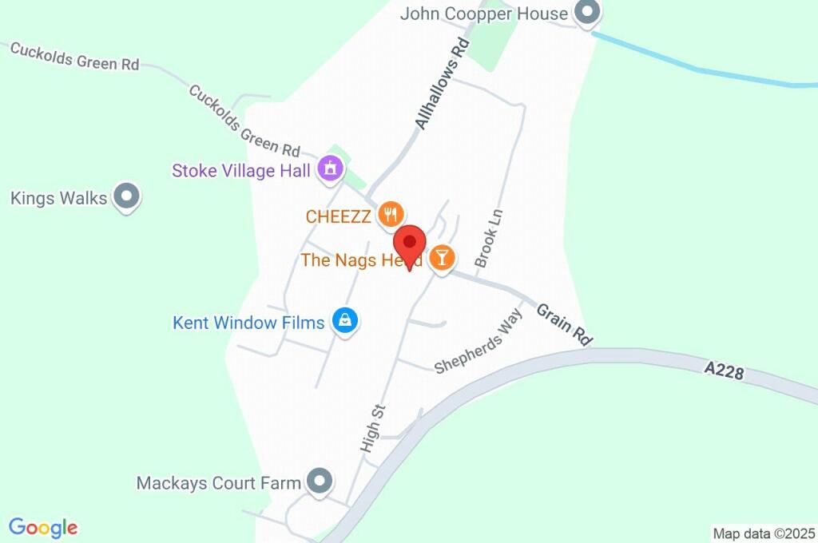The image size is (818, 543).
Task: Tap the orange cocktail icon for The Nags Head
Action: click(x=442, y=258)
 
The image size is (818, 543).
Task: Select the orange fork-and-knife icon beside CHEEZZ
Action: click(x=391, y=214)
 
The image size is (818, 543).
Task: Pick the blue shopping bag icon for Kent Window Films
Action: click(x=345, y=321)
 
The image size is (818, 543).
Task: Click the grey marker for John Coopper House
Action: click(x=588, y=13)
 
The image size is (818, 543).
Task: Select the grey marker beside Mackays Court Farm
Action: click(x=320, y=482)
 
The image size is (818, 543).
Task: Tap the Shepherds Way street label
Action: click(x=478, y=342)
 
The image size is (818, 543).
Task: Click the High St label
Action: click(x=373, y=429)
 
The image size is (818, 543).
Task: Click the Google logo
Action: click(x=43, y=528)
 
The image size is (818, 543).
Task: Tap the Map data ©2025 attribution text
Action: click(x=764, y=533)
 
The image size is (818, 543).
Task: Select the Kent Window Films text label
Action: click(x=248, y=323)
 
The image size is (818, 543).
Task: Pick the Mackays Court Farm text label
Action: click(x=218, y=483)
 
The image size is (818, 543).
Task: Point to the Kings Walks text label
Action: click(x=58, y=198)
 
